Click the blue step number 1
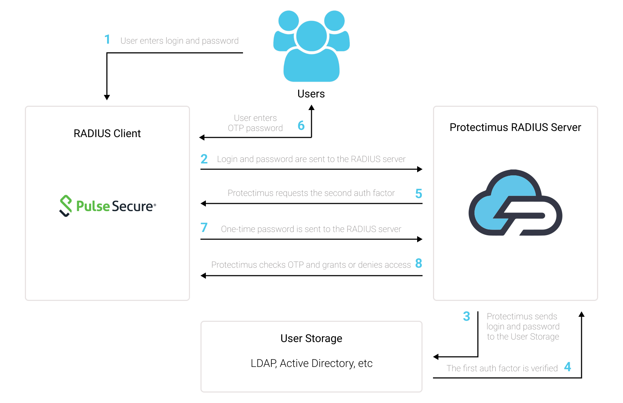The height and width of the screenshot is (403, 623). tap(107, 39)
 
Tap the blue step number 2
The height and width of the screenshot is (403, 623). tap(204, 159)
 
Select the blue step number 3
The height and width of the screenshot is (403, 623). tap(467, 316)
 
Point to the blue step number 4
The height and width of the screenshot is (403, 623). tap(567, 367)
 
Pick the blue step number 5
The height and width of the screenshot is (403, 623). tap(419, 193)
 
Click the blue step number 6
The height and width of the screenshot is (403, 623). tap(301, 126)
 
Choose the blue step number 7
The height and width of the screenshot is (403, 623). tap(204, 227)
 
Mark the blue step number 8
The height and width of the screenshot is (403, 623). tap(419, 263)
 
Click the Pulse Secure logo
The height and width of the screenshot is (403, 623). tap(107, 206)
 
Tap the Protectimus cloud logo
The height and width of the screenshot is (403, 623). tap(515, 203)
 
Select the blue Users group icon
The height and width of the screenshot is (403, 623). tap(311, 46)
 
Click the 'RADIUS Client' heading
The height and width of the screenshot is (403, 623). tap(107, 133)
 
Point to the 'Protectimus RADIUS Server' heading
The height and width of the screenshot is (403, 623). tap(515, 127)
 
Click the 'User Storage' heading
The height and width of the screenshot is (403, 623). tap(311, 338)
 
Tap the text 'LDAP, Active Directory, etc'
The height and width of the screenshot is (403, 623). tap(311, 363)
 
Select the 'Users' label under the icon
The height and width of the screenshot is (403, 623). tap(311, 94)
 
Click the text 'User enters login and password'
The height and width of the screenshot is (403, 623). tap(180, 41)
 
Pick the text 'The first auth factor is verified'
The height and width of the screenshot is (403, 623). tap(502, 368)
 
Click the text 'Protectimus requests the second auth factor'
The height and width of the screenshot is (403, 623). tap(311, 193)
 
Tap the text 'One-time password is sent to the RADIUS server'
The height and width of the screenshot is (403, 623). tap(311, 229)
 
